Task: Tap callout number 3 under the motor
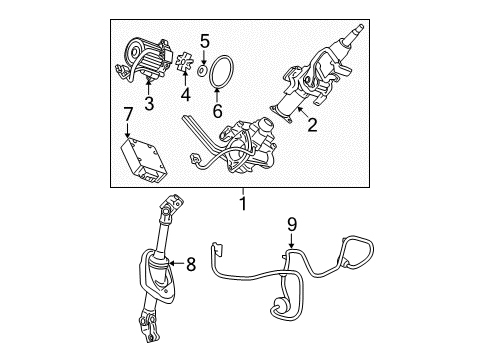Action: pos(148,103)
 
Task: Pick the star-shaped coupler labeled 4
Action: pos(183,67)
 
